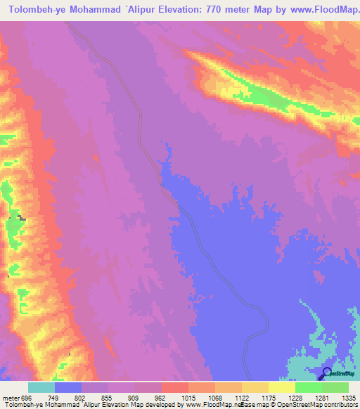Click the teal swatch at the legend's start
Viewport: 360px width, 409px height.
click(41, 387)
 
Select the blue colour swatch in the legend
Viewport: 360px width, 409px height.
click(67, 387)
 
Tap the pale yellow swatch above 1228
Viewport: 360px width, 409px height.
click(281, 387)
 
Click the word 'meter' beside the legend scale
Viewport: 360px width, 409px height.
click(10, 397)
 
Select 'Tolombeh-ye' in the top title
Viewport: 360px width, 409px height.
click(37, 10)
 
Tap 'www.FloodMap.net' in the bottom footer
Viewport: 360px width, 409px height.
click(210, 405)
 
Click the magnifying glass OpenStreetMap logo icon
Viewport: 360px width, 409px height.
click(326, 373)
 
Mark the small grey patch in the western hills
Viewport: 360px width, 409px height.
click(22, 219)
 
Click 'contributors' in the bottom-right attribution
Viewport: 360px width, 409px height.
click(341, 405)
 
